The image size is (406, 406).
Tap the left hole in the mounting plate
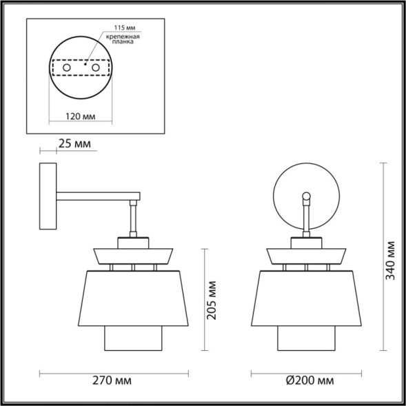pos(65,69)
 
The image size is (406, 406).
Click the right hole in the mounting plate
pos(96,69)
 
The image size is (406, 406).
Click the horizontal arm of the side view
pos(97,199)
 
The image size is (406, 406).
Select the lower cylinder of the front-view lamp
pos(305,338)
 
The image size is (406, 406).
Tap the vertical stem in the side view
pos(135,220)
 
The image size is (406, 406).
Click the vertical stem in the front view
pos(306,219)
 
